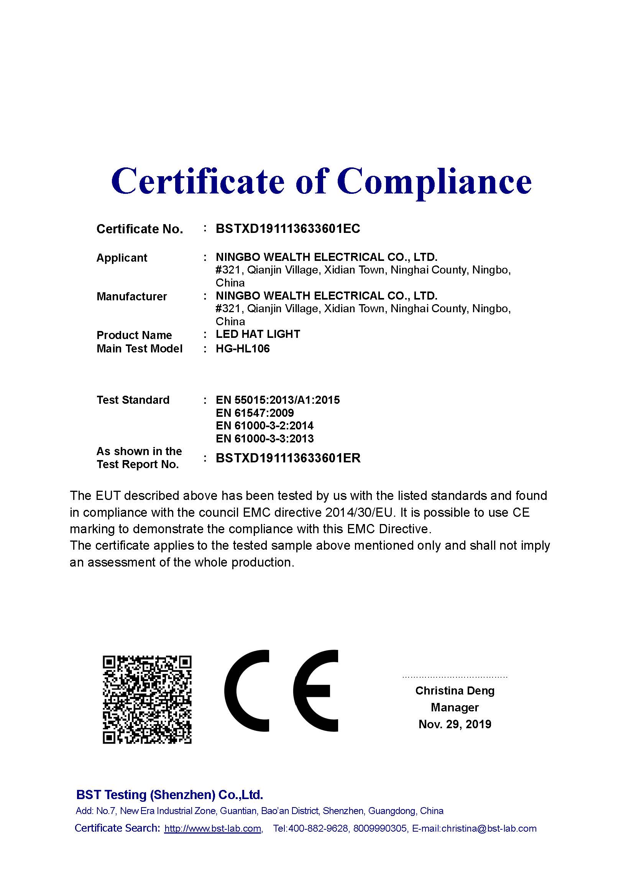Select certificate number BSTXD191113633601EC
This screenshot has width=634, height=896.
(288, 229)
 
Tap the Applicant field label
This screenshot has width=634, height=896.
(122, 258)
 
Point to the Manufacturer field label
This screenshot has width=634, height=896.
(131, 296)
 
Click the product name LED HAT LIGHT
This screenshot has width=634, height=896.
(258, 334)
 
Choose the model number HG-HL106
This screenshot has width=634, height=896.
(242, 349)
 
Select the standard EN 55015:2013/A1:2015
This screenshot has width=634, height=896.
(278, 400)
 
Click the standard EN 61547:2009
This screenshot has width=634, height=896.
(255, 413)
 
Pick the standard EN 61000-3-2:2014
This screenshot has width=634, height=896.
(264, 426)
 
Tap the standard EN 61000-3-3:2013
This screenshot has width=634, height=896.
(264, 439)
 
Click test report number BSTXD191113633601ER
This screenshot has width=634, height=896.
(288, 458)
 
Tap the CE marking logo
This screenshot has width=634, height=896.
(281, 691)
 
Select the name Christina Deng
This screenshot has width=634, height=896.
(455, 691)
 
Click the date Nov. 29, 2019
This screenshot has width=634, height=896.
(455, 724)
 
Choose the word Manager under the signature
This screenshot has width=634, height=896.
(455, 707)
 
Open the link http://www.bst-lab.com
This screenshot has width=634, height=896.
(213, 829)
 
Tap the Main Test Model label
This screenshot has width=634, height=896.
(140, 349)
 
